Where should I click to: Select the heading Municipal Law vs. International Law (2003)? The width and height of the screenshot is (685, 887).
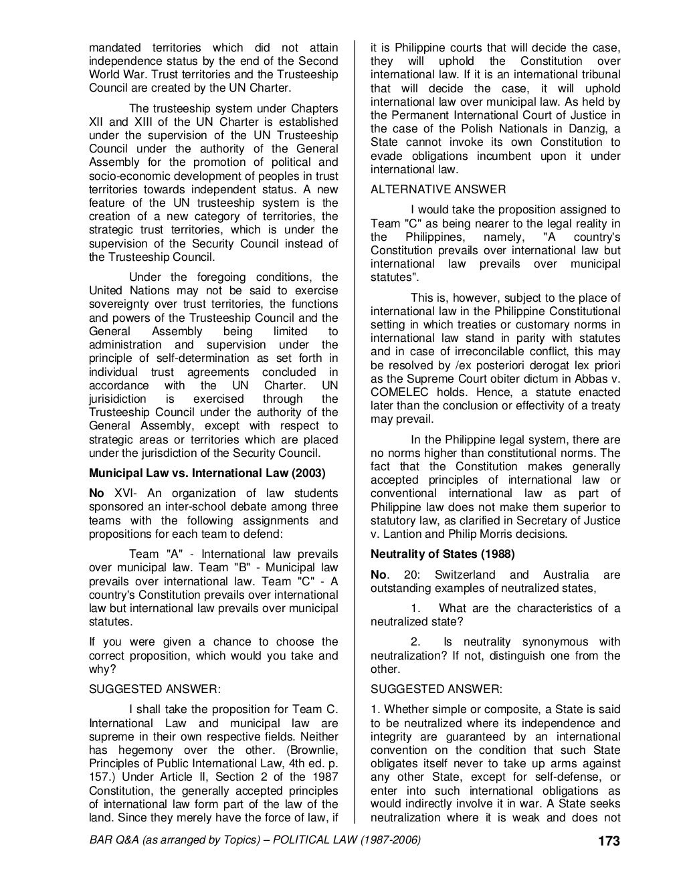point(207,474)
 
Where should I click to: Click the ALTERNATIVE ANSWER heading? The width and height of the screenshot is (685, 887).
point(438,189)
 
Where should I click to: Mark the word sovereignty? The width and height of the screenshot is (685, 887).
point(122,304)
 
